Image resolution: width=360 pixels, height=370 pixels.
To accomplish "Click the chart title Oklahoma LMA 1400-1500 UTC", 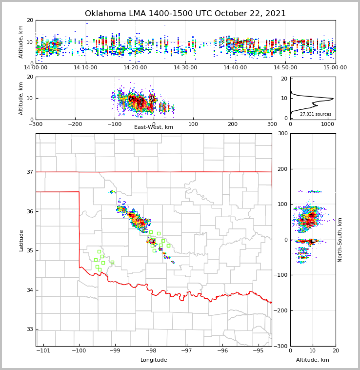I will point(185,14).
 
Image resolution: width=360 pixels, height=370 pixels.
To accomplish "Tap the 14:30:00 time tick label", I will point(185,68).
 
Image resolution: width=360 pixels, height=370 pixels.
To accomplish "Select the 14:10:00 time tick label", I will point(86,68).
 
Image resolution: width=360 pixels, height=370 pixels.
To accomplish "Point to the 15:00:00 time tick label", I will point(336,68).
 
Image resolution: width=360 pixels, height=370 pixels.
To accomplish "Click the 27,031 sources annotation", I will point(316,114).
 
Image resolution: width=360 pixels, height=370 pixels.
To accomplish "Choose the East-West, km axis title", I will point(154,127).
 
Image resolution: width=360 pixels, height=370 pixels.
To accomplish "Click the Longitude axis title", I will point(154,360).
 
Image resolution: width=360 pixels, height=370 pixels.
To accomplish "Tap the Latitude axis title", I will point(21,240).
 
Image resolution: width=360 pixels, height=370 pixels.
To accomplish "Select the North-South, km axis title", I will point(340,240).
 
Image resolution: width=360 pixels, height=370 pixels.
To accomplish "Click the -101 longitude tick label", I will point(43,351).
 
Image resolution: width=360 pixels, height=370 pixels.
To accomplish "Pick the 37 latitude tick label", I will point(30,172).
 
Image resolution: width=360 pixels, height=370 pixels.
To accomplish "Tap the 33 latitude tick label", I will point(30,329).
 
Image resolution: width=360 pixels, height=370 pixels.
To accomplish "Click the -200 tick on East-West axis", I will point(75,124).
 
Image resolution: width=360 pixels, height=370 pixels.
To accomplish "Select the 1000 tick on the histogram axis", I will point(328,124).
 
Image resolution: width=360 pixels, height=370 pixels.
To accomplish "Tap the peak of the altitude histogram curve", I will point(333,99).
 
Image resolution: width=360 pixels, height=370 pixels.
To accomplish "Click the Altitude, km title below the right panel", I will point(313,360).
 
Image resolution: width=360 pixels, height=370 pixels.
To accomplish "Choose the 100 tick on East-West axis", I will point(193,124).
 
